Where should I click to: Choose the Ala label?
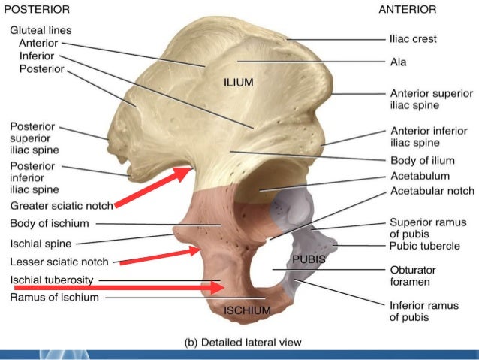coord(398,62)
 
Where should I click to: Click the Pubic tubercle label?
coord(423,245)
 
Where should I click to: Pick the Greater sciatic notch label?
coord(62,205)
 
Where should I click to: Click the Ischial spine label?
coord(41,243)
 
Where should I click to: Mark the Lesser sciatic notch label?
coord(59,262)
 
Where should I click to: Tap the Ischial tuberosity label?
coord(51,280)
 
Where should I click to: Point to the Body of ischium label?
coord(50,223)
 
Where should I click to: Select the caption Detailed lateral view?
coord(242,342)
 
